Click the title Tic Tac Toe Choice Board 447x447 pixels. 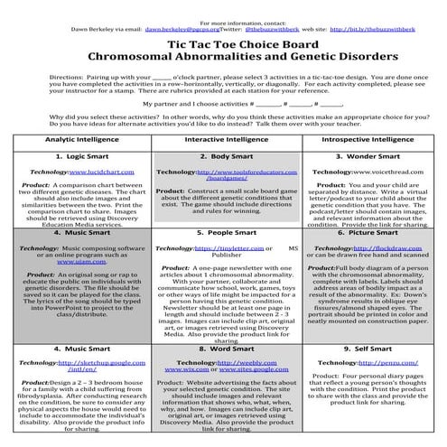(x=223, y=41)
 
